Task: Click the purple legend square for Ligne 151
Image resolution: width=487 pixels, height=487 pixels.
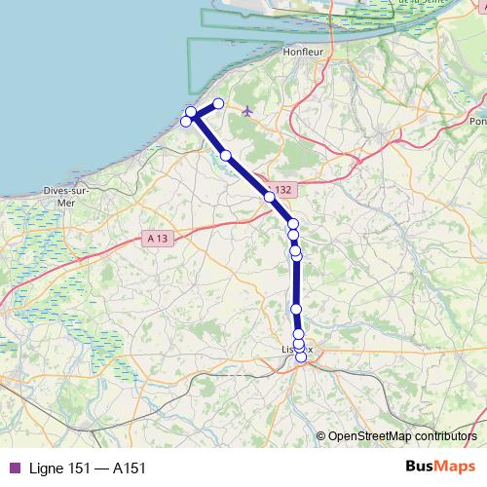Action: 14,468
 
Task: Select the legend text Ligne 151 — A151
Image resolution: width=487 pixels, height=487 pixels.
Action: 88,468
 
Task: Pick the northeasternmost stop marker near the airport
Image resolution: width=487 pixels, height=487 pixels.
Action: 218,103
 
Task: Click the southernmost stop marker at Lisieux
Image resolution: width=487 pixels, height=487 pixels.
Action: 301,356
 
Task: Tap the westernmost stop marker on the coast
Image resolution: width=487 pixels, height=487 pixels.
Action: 186,121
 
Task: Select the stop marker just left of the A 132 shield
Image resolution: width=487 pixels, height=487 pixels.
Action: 269,196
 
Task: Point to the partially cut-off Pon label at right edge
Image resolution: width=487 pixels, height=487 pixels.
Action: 477,122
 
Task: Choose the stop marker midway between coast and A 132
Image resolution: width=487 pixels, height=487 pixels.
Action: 225,155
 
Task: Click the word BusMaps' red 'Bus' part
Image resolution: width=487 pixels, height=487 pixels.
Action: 421,468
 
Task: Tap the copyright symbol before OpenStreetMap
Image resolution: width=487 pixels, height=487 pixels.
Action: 322,436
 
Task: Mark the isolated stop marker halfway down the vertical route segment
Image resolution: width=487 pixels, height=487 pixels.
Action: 297,309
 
